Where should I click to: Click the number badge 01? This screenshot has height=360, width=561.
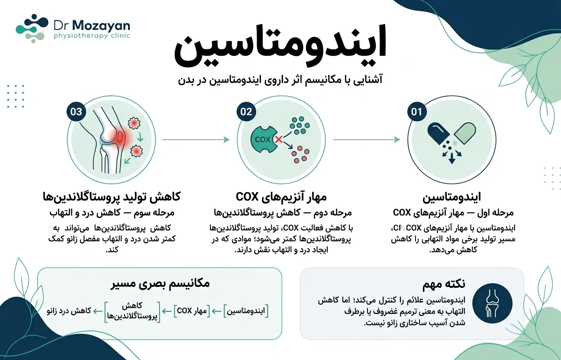[417, 112]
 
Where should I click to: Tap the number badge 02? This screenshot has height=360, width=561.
[246, 112]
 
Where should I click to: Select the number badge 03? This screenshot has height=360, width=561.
[76, 112]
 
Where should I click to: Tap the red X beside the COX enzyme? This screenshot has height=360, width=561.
[278, 140]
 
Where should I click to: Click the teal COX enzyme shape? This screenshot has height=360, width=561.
[264, 139]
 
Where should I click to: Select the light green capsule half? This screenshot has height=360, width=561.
[465, 133]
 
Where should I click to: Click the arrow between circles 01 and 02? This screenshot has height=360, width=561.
[366, 140]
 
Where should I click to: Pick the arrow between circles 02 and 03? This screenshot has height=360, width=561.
[196, 140]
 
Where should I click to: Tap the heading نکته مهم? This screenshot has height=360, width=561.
[444, 284]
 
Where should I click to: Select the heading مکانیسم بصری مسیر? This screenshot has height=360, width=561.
[160, 283]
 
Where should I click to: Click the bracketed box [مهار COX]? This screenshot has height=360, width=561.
[192, 311]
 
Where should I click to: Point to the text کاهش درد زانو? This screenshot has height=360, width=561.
[69, 311]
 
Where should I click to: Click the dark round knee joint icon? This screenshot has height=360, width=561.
[492, 303]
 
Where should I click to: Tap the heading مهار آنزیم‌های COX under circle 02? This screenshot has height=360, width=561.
[281, 197]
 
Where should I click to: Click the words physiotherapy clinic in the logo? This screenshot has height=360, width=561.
[92, 35]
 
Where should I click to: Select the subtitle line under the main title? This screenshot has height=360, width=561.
[280, 80]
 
